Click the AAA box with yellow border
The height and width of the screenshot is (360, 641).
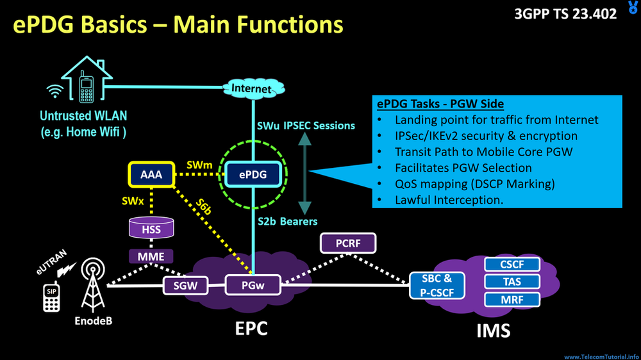click(151, 173)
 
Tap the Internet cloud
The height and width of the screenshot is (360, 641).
click(251, 88)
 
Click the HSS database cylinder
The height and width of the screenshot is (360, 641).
click(151, 229)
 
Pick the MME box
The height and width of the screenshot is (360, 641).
click(151, 257)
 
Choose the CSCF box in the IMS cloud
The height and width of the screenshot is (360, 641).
click(511, 264)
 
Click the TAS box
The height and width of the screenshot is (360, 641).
click(511, 281)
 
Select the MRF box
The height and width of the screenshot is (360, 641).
click(511, 299)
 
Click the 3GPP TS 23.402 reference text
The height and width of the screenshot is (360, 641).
click(565, 13)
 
